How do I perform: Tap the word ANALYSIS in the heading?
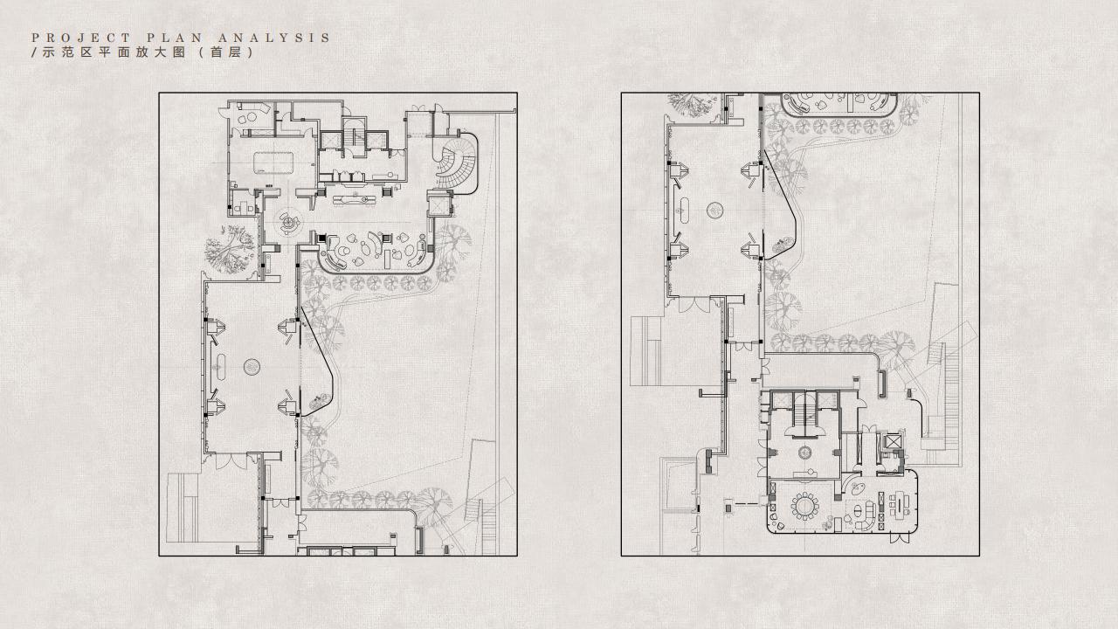point(274,38)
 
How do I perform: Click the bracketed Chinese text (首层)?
point(226,52)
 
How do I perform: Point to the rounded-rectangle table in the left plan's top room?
point(272,162)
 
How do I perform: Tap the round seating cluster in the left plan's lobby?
point(288,223)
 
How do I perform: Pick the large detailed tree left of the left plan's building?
point(230,250)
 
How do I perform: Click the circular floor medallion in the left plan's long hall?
point(252,367)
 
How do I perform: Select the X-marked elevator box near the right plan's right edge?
point(890,443)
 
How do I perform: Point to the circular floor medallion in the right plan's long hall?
point(715,210)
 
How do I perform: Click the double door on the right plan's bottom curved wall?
point(899,538)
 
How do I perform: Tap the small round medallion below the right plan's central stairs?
point(804,453)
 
